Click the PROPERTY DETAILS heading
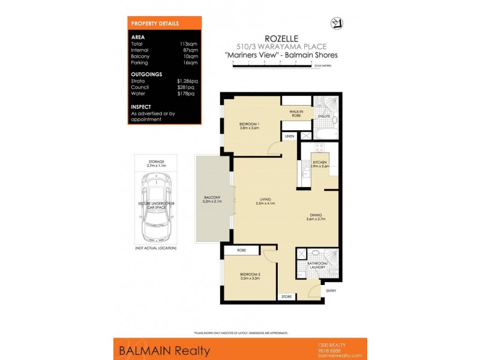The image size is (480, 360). [155, 23]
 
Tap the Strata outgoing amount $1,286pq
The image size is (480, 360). [186, 80]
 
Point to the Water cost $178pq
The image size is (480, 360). [186, 94]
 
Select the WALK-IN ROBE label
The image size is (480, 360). [292, 113]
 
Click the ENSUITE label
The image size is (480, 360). [325, 116]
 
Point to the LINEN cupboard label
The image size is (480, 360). [290, 137]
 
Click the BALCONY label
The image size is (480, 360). [212, 198]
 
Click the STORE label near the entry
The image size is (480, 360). [287, 296]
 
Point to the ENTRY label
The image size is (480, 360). [331, 291]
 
